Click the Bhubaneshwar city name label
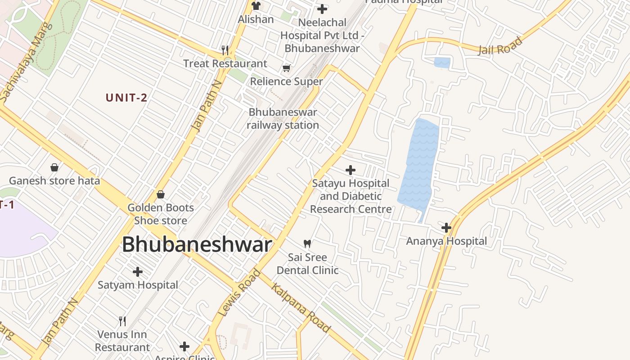(x=197, y=245)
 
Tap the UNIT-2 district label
(x=126, y=98)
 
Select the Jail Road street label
(x=500, y=46)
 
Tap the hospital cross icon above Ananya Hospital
(x=446, y=228)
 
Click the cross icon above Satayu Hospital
(x=351, y=170)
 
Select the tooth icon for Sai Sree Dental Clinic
(x=307, y=244)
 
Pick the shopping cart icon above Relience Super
(x=286, y=68)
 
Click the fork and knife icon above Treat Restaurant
(x=225, y=50)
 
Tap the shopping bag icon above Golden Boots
(x=161, y=194)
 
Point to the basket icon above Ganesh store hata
(x=54, y=167)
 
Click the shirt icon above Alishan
(x=256, y=6)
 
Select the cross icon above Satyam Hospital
(x=138, y=272)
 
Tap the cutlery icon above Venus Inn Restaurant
(x=122, y=321)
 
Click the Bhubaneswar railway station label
(x=283, y=119)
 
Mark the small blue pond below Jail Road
(x=442, y=63)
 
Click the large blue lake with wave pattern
(x=418, y=166)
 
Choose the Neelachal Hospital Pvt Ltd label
(x=322, y=35)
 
